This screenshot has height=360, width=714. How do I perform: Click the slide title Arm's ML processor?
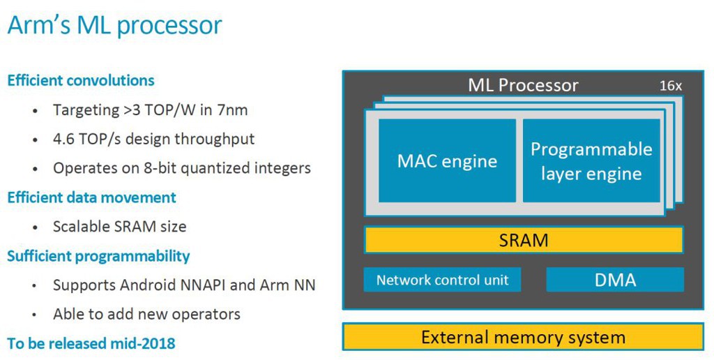[115, 26]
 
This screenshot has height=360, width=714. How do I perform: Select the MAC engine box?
[447, 161]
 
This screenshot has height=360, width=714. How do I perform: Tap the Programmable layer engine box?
[591, 161]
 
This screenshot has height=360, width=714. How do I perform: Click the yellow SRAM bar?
[524, 240]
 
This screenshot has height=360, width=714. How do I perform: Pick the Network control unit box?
[442, 279]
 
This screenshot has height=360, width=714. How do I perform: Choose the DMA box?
[615, 279]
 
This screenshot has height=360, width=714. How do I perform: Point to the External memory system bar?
[523, 337]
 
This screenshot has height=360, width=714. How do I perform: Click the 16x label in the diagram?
[671, 86]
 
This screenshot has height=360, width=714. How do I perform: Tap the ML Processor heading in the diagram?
[523, 85]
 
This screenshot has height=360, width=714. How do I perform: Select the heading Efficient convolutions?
[81, 81]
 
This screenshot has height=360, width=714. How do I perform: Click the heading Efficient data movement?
[91, 197]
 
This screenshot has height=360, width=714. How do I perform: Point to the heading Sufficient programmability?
[98, 256]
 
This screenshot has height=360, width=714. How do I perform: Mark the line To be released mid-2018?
[91, 343]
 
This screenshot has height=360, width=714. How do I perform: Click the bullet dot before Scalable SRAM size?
[35, 227]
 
